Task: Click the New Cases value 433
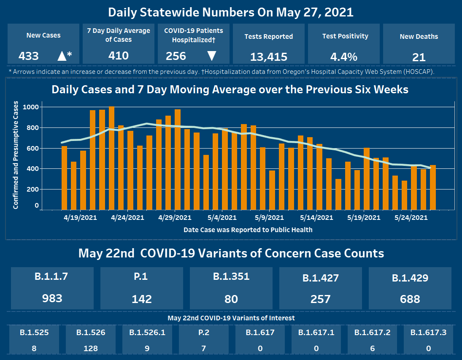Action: pos(29,56)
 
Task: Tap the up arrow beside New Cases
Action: pos(62,56)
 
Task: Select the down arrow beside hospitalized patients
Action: pos(212,56)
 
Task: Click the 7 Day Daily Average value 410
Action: pos(119,55)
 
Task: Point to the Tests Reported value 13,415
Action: pos(269,57)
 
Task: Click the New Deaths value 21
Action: pos(419,57)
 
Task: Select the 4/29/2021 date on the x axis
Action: pos(175,218)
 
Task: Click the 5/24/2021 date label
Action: pos(411,218)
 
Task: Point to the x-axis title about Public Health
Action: pos(248,230)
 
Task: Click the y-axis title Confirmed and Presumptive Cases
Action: pos(16,155)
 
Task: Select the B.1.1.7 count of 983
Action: pos(52,298)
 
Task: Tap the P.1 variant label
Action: pos(142,276)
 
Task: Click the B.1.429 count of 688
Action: pos(410,299)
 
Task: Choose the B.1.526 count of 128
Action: pos(91,348)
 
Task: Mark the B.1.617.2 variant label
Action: pos(372,332)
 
